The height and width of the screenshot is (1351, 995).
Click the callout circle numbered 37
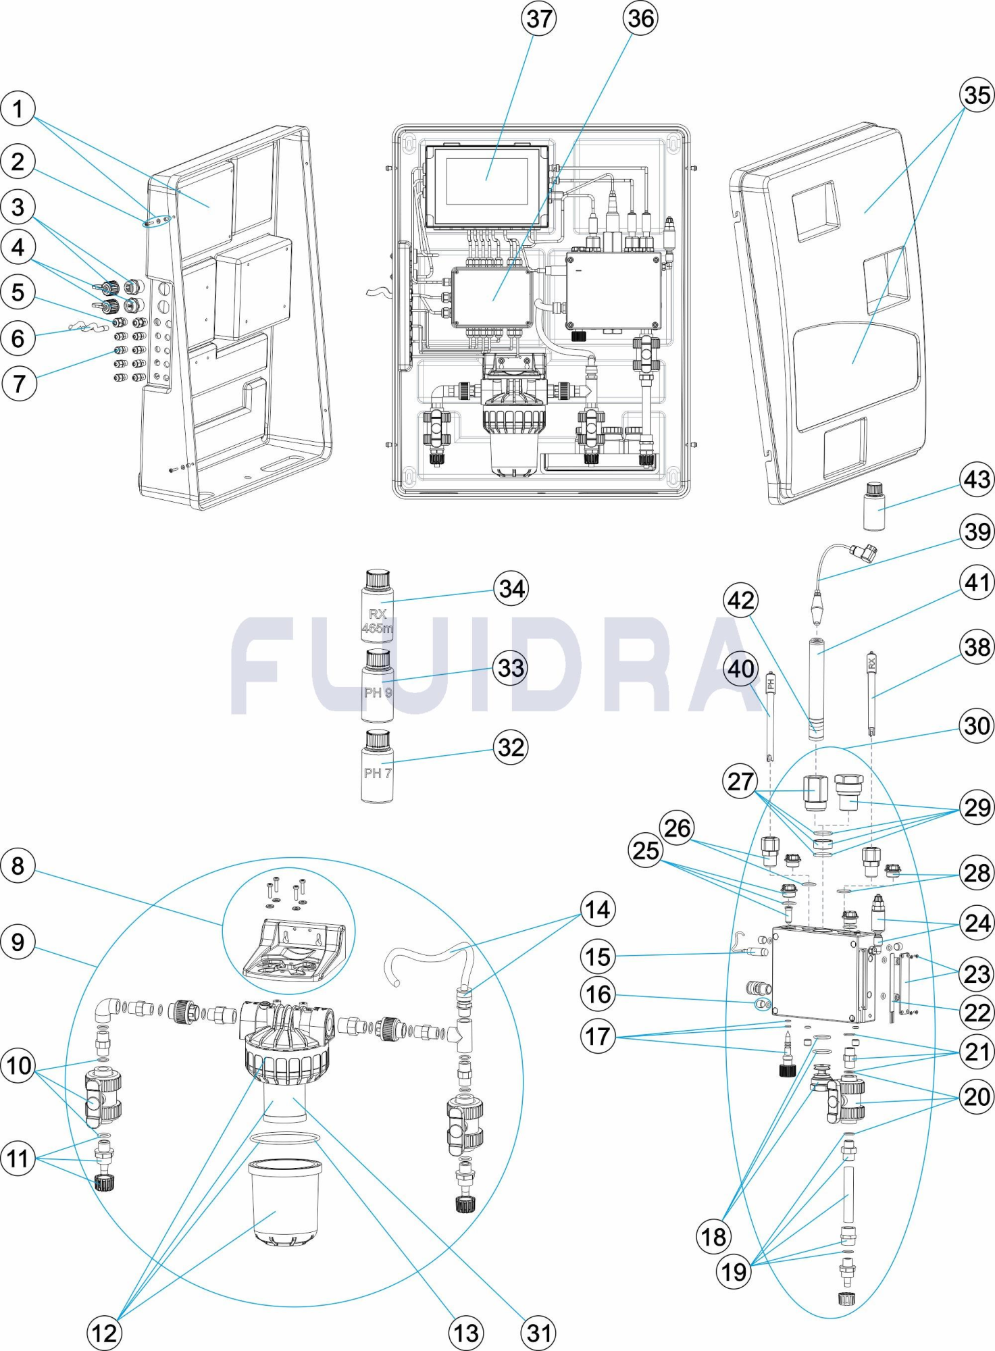tap(539, 19)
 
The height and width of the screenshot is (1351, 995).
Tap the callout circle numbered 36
tap(640, 18)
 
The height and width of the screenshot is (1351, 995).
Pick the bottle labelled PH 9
tap(378, 687)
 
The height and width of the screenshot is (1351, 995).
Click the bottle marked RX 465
tap(378, 607)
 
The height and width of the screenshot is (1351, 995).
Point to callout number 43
tap(977, 480)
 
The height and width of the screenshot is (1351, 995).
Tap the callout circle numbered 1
tap(18, 109)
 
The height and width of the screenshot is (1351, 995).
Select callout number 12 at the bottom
tap(105, 1333)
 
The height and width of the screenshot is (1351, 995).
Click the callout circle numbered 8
tap(18, 866)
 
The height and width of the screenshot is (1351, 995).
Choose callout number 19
tap(734, 1272)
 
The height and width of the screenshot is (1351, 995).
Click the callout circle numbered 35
tap(977, 95)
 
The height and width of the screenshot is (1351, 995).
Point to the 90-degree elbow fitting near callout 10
tap(108, 1011)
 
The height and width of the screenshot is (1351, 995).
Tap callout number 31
tap(538, 1333)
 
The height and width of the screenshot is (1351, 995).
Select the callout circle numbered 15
tap(598, 957)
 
